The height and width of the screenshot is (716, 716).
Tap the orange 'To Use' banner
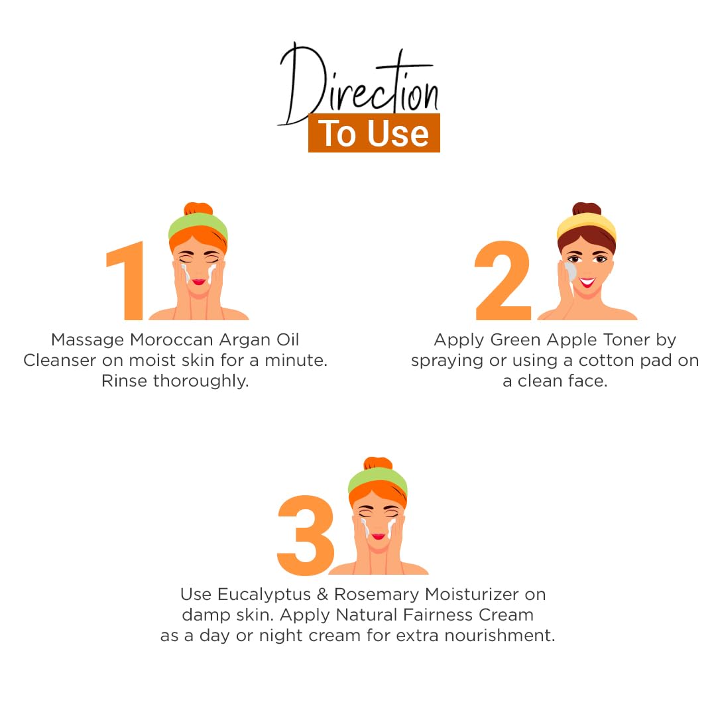tap(374, 133)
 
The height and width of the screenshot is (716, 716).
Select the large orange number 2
tap(503, 280)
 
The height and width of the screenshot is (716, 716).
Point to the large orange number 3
tap(306, 535)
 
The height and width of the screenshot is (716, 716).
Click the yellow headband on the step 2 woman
tap(586, 226)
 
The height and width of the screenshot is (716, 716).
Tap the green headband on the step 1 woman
tap(198, 227)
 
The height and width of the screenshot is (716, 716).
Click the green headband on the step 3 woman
tap(378, 481)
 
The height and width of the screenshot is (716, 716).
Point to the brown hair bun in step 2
tap(587, 209)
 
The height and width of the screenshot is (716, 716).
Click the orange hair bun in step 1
tap(198, 209)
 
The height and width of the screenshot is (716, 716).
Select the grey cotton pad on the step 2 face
tap(570, 272)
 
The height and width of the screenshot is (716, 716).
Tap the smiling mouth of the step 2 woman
tap(587, 282)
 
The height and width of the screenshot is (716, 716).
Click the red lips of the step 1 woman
tap(199, 282)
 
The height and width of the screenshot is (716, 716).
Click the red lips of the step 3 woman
tap(379, 536)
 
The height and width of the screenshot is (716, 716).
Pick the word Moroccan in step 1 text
tap(171, 339)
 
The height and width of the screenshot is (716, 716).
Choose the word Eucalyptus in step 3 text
tap(264, 595)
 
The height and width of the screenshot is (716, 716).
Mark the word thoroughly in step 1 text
tap(201, 381)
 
